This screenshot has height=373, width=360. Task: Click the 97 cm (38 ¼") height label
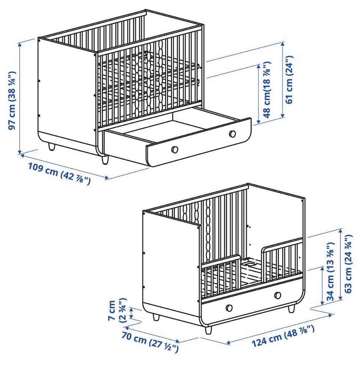pos(12,100)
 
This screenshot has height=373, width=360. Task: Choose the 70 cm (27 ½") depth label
pos(150,342)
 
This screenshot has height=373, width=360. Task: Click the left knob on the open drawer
pos(175,149)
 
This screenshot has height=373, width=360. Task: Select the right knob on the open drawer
pos(232,134)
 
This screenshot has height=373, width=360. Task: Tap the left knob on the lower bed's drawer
pos(229,307)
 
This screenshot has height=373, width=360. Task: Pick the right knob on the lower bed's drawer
pos(277,295)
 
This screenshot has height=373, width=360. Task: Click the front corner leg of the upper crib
pos(105,160)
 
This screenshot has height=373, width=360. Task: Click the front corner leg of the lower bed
pos(208,330)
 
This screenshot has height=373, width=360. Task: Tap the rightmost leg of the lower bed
pos(291,309)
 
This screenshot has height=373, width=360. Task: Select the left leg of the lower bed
pos(156,317)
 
